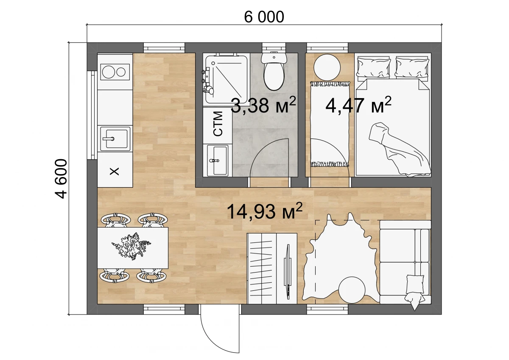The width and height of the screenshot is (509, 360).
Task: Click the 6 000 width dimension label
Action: (264, 17)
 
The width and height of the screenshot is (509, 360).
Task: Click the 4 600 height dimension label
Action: (61, 179)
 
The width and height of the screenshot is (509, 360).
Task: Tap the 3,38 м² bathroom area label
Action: (263, 105)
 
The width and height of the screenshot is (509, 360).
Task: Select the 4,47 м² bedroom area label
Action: (358, 105)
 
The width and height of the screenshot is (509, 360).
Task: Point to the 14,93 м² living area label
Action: (265, 211)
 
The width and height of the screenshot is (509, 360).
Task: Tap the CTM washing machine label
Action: (218, 124)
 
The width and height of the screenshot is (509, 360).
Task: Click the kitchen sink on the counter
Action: (115, 139)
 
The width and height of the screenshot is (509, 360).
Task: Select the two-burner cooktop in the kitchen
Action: (115, 72)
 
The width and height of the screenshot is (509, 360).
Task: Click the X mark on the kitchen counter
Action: (114, 171)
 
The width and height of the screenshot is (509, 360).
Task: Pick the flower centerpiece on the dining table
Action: (131, 247)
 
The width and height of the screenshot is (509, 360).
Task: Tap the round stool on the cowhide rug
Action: (352, 290)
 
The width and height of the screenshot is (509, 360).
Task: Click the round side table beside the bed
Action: (327, 67)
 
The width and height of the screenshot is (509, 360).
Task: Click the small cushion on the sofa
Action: (415, 284)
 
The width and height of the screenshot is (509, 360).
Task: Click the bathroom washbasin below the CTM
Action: (218, 160)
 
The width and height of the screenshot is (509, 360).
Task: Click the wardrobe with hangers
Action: (272, 268)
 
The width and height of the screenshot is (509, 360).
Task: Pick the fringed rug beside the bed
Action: (330, 124)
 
